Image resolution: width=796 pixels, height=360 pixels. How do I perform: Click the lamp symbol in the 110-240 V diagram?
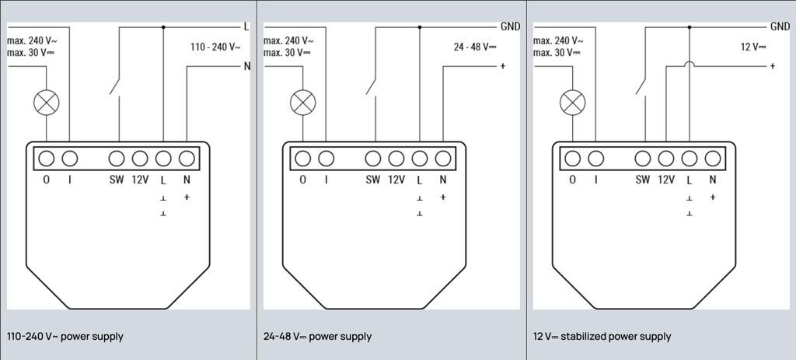(46, 101)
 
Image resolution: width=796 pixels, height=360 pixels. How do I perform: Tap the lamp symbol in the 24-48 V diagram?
(302, 101)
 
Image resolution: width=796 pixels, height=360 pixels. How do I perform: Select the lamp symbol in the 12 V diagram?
(572, 101)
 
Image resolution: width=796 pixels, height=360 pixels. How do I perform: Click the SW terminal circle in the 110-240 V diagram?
(117, 159)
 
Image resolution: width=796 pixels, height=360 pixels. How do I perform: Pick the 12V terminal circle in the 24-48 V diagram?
(396, 159)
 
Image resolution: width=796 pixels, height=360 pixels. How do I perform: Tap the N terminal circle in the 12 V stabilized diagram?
(712, 159)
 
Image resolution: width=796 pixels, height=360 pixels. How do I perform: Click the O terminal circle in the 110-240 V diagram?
(46, 159)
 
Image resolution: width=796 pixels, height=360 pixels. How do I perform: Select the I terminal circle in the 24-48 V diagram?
(326, 159)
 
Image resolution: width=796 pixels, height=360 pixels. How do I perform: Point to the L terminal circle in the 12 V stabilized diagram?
(689, 159)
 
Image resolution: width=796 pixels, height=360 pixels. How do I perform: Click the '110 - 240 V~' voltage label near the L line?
(215, 47)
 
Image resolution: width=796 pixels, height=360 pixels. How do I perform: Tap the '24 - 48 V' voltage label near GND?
(475, 47)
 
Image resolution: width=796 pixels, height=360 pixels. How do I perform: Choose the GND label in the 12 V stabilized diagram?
(780, 26)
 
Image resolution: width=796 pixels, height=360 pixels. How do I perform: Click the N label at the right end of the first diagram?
(247, 66)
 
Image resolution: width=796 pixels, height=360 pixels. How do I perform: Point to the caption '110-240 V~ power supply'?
(65, 337)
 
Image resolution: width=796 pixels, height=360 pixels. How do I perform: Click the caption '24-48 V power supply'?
(318, 337)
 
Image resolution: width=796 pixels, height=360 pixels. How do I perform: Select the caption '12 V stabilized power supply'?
(602, 337)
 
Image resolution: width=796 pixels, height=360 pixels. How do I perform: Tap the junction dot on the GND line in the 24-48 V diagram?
(420, 26)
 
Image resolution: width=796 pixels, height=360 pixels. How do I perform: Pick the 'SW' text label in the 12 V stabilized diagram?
(642, 180)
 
